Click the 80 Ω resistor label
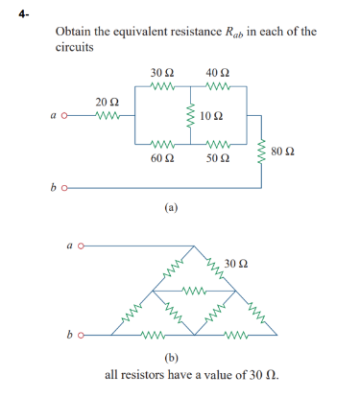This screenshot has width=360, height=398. click(x=282, y=152)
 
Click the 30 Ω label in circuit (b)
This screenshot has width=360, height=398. click(x=236, y=262)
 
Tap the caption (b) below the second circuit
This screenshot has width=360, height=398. click(x=172, y=356)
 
